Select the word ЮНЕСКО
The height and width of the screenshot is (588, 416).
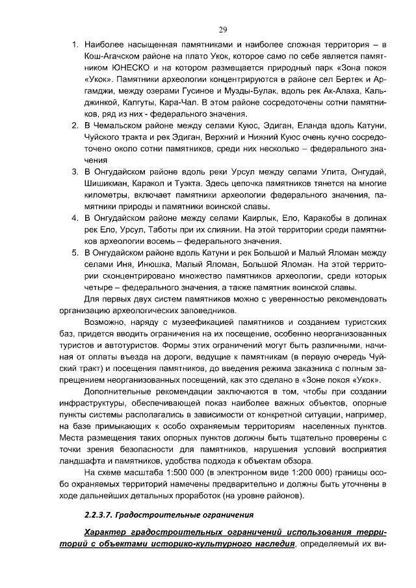click(x=138, y=67)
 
